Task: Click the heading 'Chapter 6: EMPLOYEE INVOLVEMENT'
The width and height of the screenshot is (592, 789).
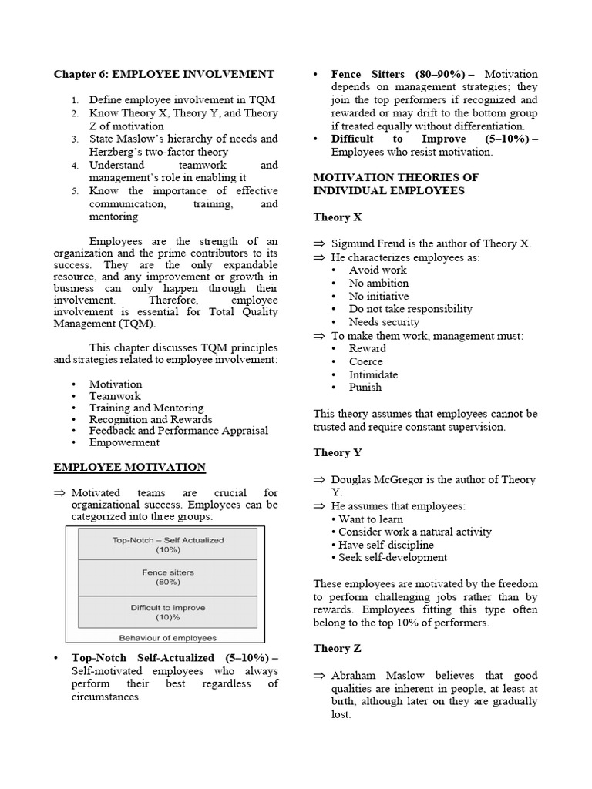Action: pos(163,74)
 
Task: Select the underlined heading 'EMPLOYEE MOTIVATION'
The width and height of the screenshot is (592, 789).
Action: pos(129,467)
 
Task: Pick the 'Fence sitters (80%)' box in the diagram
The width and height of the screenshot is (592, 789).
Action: pos(167,577)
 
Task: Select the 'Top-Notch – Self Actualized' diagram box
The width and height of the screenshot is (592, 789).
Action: pos(167,545)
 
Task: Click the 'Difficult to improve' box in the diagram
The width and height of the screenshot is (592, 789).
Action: pos(167,612)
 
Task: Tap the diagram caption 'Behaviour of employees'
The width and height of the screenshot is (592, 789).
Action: pos(167,637)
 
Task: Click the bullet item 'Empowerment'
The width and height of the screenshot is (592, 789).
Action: pos(124,442)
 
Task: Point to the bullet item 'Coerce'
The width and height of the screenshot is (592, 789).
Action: pos(366,361)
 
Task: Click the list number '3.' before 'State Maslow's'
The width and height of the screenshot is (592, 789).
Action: pos(75,139)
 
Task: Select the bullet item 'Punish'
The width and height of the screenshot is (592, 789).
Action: pos(365,388)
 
